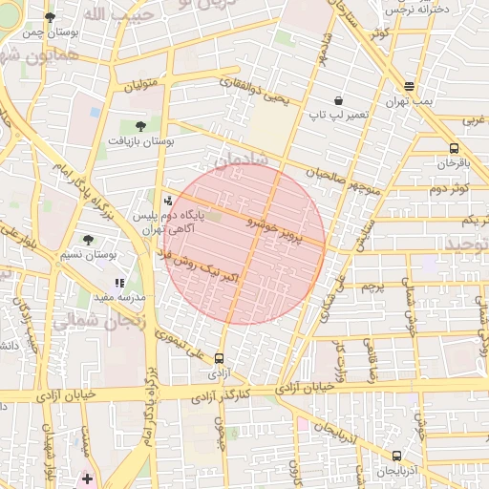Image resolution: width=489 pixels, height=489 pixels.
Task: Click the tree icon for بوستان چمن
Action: (50, 17)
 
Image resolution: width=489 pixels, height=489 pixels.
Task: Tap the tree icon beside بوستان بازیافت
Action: (141, 125)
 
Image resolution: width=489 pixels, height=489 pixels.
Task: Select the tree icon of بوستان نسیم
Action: (89, 240)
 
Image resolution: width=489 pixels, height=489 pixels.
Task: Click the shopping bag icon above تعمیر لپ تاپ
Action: (338, 100)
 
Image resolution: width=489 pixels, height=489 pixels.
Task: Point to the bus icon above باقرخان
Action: (453, 148)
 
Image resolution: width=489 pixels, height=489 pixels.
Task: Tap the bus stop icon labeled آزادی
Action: (220, 358)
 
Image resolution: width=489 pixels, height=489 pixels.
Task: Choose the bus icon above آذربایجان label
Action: (396, 456)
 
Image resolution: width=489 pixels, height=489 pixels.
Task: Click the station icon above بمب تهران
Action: (410, 86)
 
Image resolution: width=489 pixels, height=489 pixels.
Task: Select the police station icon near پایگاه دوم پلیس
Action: (168, 201)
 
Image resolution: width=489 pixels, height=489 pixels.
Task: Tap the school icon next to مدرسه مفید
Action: (119, 283)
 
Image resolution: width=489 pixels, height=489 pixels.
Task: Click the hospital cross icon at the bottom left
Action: (88, 478)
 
